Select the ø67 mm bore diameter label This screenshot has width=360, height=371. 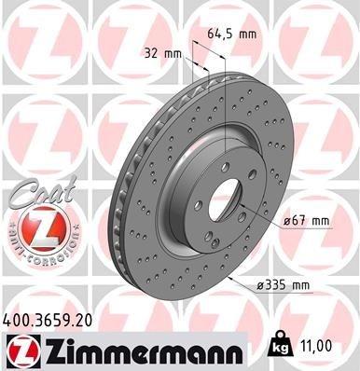point(306,221)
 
